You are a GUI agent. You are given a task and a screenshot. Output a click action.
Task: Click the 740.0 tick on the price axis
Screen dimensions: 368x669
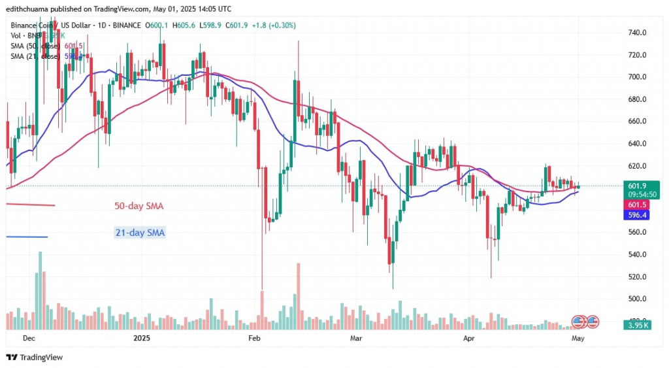click(636, 32)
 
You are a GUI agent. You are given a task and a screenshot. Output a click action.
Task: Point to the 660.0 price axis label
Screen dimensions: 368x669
click(636, 121)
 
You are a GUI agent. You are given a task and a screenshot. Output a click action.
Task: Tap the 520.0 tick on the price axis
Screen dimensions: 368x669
click(636, 276)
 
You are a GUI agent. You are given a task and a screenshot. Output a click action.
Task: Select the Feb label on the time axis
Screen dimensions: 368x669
click(255, 338)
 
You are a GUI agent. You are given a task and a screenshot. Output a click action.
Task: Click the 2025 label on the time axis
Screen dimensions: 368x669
click(142, 338)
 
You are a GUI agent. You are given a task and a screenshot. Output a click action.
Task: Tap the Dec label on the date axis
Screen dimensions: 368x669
click(29, 338)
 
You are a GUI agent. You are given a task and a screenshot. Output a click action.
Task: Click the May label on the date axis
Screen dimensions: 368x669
click(578, 338)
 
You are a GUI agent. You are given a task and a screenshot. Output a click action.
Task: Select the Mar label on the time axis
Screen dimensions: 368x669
click(356, 338)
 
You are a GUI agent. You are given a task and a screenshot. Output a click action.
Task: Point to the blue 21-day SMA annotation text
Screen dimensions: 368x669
click(138, 233)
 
